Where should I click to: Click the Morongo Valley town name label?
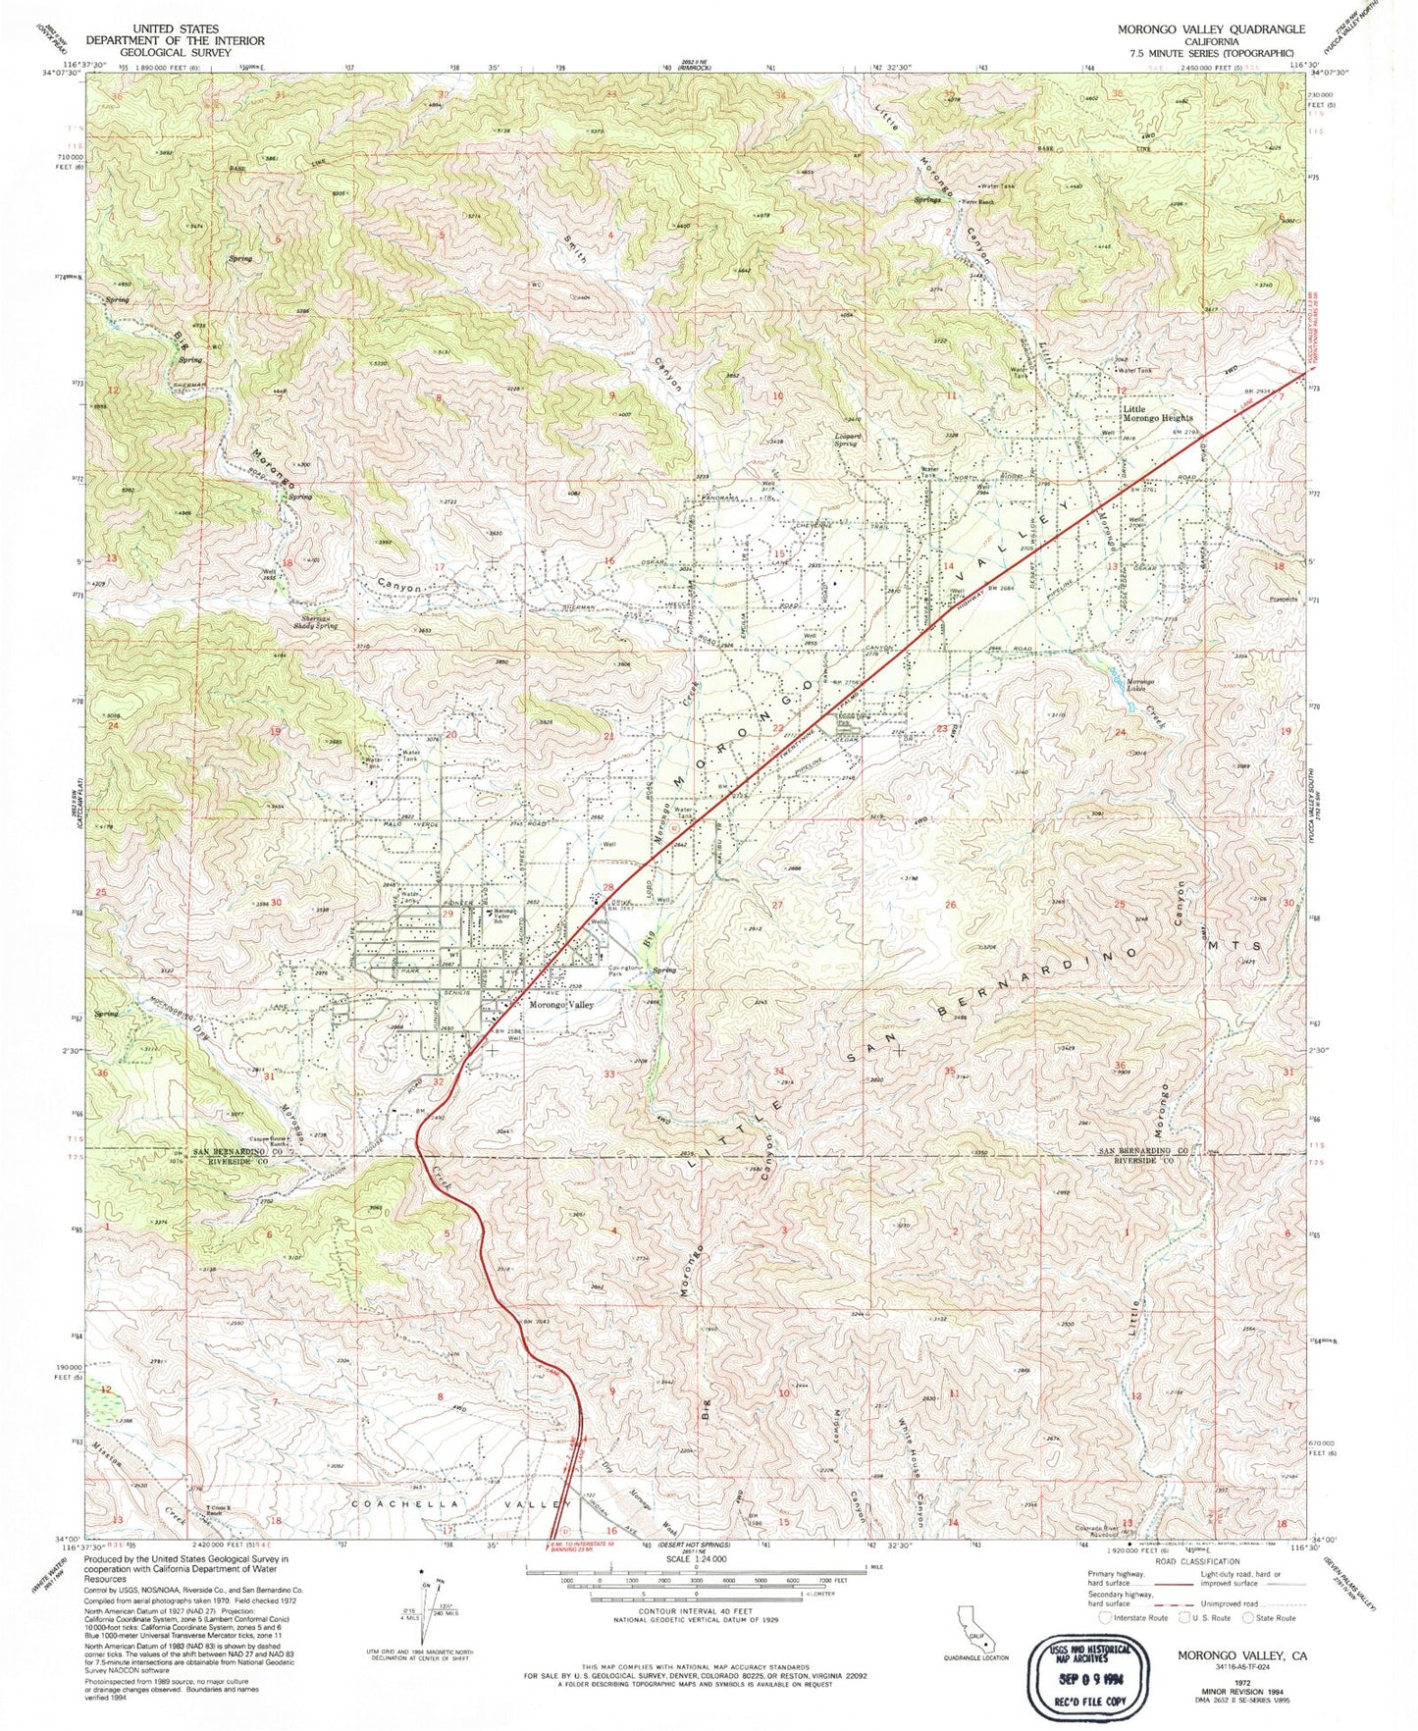tap(562, 1004)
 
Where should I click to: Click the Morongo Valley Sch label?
tap(503, 916)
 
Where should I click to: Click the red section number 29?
tap(448, 914)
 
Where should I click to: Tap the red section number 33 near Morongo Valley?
tap(608, 1074)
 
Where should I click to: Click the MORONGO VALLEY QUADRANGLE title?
tap(1211, 29)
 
